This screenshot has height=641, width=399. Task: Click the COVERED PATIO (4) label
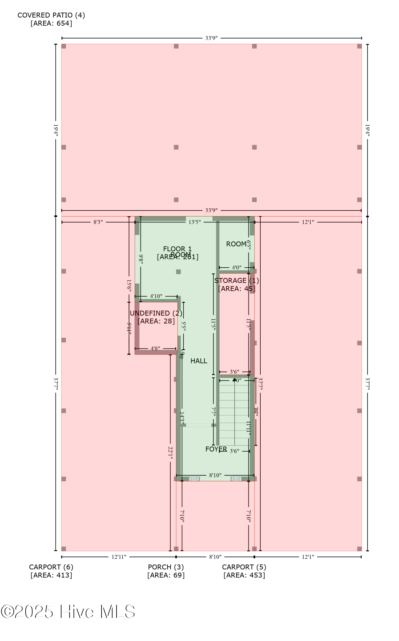(x=51, y=15)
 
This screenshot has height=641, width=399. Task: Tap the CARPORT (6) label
(x=51, y=567)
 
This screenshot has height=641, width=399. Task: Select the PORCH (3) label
(x=166, y=567)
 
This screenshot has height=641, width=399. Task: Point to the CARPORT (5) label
(x=244, y=567)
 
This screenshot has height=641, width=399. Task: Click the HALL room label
(x=199, y=361)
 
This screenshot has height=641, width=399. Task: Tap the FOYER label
(x=216, y=449)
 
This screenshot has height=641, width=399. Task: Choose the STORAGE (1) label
(x=237, y=281)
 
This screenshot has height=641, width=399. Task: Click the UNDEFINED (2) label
(x=156, y=313)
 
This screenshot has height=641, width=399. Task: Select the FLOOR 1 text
(x=177, y=249)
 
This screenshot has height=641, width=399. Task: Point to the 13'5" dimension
(x=195, y=222)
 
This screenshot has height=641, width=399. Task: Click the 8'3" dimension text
(x=98, y=222)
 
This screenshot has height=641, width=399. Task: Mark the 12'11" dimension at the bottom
(x=119, y=557)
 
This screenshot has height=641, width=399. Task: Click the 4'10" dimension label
(x=156, y=296)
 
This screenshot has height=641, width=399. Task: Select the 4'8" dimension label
(x=155, y=348)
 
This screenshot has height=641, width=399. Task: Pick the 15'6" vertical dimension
(x=129, y=285)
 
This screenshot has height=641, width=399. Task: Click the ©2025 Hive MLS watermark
(x=68, y=612)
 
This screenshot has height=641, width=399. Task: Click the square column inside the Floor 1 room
(x=178, y=272)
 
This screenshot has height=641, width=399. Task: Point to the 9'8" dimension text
(x=141, y=258)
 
